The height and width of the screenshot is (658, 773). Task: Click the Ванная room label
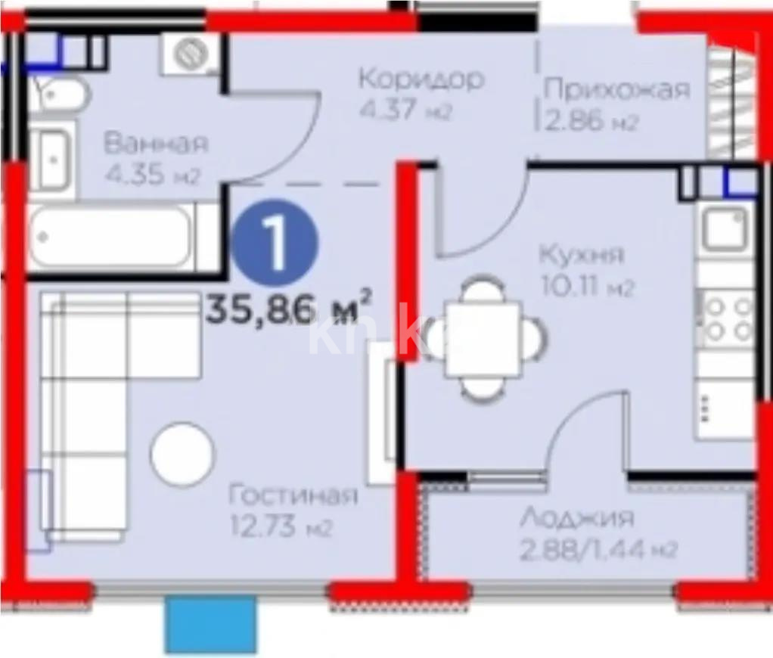[x=156, y=143]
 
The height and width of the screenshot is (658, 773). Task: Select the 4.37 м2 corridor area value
[x=405, y=110]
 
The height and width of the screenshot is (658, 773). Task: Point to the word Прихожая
[x=617, y=90]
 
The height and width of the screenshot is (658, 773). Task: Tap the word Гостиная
[x=293, y=496]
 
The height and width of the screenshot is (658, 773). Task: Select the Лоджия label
[x=577, y=519]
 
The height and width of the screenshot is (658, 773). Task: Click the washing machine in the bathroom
[x=190, y=55]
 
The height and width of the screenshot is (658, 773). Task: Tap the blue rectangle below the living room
[x=210, y=625]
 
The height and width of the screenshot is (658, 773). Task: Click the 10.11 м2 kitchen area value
[x=586, y=287]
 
